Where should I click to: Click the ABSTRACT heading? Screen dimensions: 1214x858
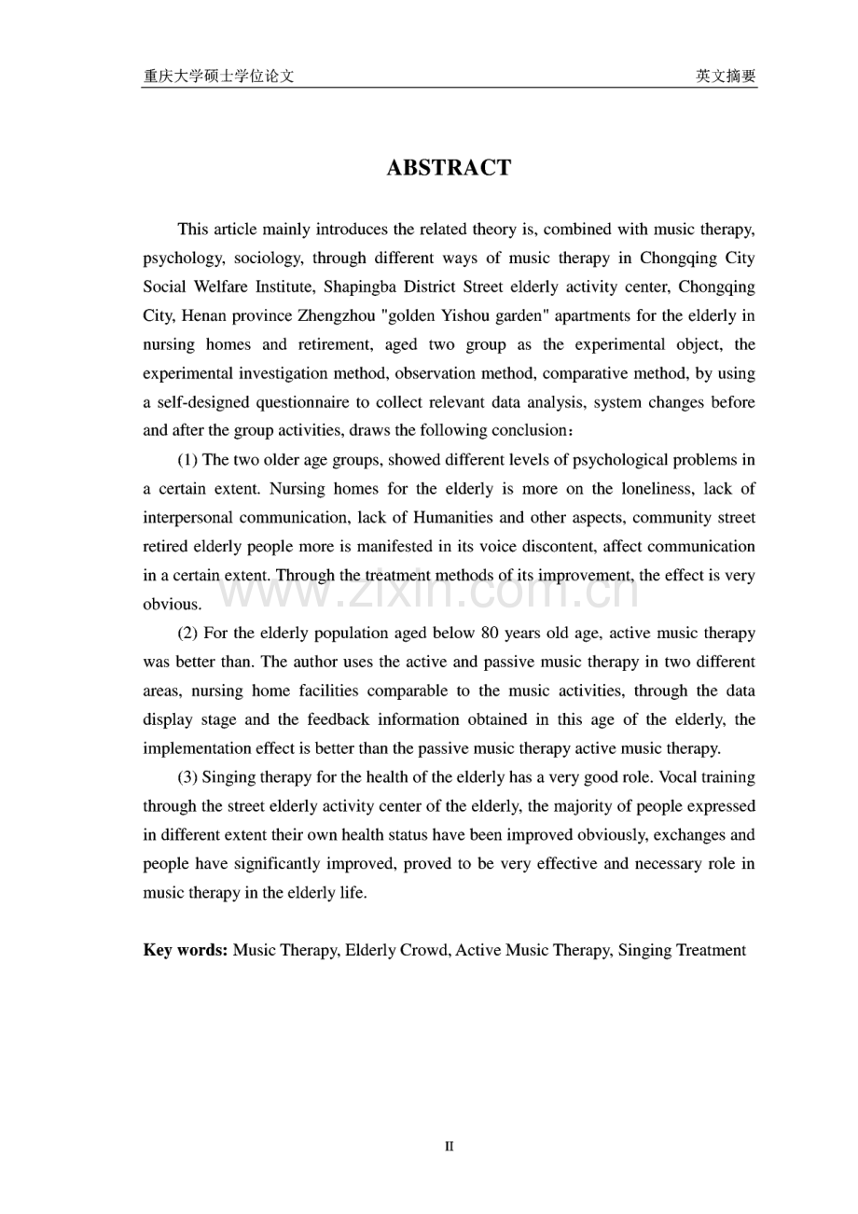pyautogui.click(x=449, y=168)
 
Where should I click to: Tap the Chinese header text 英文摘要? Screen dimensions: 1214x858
pyautogui.click(x=726, y=77)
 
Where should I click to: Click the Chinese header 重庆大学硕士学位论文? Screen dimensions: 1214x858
pyautogui.click(x=218, y=77)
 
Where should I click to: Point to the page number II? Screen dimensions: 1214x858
pyautogui.click(x=449, y=1146)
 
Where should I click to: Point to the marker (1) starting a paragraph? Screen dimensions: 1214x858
pyautogui.click(x=187, y=459)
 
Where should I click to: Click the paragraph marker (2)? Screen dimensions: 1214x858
pyautogui.click(x=187, y=633)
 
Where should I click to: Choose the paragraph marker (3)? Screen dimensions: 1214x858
pyautogui.click(x=187, y=776)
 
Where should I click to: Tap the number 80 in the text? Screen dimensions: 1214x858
pyautogui.click(x=491, y=633)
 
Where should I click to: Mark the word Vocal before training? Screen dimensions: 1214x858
pyautogui.click(x=672, y=776)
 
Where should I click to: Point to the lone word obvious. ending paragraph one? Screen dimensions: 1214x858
pyautogui.click(x=173, y=604)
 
